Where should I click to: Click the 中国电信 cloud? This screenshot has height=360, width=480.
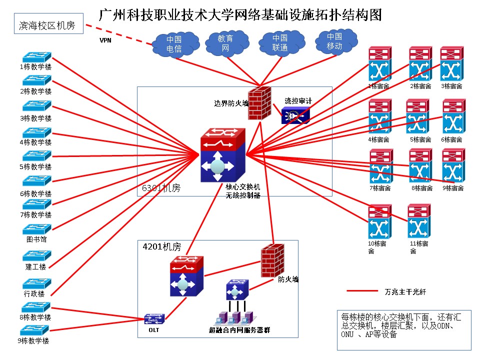coord(174,44)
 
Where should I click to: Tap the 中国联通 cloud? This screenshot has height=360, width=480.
coord(279,43)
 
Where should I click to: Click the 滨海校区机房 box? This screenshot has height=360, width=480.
coord(47,25)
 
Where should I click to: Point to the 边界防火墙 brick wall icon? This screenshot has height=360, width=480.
coord(259,102)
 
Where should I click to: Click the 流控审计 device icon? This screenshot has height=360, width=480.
coord(295,115)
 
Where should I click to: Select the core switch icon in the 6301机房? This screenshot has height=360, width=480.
coord(222,155)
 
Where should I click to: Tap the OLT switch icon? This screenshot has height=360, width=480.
coord(154,318)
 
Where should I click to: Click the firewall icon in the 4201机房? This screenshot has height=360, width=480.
coord(272,260)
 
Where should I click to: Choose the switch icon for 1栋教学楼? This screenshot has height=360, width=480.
coord(36,57)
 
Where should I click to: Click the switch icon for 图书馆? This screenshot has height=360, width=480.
coord(36,229)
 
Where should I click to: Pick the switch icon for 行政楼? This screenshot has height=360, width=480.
coord(36,283)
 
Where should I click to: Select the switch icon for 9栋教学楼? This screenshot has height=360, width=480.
coord(34,330)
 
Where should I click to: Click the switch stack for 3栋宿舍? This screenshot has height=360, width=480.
coord(451,64)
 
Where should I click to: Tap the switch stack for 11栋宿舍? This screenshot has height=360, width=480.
coord(419,221)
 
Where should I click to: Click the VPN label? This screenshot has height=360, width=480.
coord(105,40)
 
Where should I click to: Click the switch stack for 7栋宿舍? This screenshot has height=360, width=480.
coord(381,166)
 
